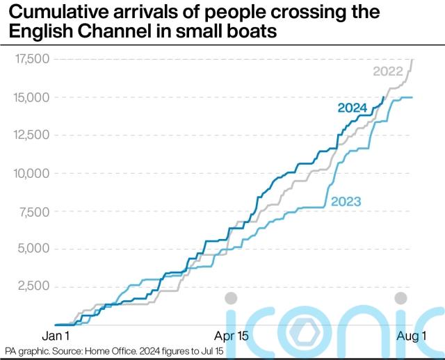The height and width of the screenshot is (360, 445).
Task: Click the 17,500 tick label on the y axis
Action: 31,60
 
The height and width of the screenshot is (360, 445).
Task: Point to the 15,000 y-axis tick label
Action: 31,97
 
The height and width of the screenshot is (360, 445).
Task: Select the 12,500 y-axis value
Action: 31,135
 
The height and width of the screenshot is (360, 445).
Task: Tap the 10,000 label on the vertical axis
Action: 31,173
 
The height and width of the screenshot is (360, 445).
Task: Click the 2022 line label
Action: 387,71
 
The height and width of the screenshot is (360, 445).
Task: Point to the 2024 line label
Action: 353,108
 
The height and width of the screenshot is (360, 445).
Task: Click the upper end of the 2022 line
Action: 412,60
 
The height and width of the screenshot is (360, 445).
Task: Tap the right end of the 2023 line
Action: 412,97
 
